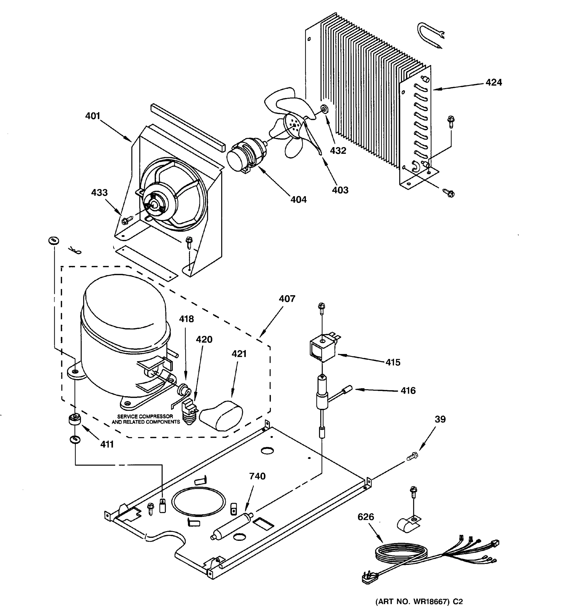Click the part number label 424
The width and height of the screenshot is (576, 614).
pos(493,82)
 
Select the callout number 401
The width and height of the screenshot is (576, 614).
pos(93,116)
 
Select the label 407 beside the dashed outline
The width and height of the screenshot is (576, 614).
pos(287,299)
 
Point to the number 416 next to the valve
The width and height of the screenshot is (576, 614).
pos(408,391)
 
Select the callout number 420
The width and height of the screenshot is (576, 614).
pos(204,339)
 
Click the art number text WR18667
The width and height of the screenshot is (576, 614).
pos(430,601)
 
